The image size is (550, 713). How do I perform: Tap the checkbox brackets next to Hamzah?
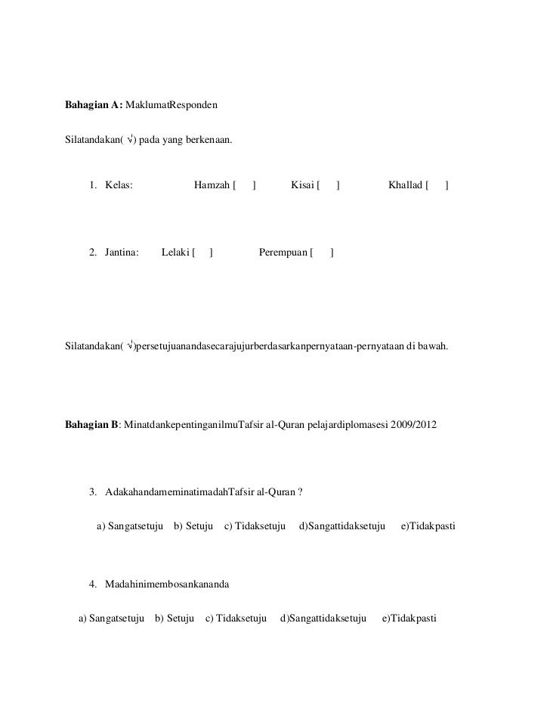click(244, 185)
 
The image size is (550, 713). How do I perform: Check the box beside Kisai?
click(328, 185)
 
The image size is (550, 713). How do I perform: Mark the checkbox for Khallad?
click(437, 185)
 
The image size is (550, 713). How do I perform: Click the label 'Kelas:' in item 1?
click(119, 185)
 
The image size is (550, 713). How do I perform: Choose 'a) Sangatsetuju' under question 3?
click(130, 524)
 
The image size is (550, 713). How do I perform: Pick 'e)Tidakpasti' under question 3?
click(427, 524)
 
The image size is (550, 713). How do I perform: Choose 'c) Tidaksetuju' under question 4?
click(236, 618)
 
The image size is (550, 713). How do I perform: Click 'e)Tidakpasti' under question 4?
click(409, 618)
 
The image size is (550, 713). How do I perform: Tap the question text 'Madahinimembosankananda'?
click(167, 585)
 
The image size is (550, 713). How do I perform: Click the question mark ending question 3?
click(300, 494)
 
